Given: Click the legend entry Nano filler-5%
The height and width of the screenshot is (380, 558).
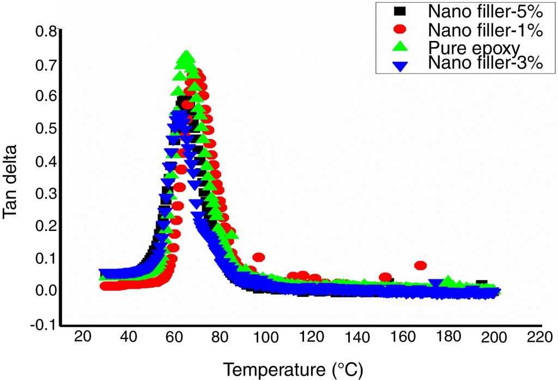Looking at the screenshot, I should [x=484, y=11].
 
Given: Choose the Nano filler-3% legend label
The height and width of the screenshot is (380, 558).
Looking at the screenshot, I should [x=484, y=63].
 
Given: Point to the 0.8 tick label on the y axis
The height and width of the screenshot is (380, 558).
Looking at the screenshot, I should [x=45, y=32].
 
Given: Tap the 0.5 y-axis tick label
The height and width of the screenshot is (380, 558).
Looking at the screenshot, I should [x=45, y=129].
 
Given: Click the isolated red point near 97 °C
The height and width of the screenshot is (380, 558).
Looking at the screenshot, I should [x=258, y=257].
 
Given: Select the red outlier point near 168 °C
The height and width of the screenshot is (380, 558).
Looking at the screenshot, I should [x=420, y=265].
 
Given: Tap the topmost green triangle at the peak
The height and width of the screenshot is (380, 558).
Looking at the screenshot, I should [x=186, y=55].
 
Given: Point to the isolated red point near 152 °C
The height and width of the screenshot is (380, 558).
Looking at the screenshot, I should [x=385, y=277].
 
